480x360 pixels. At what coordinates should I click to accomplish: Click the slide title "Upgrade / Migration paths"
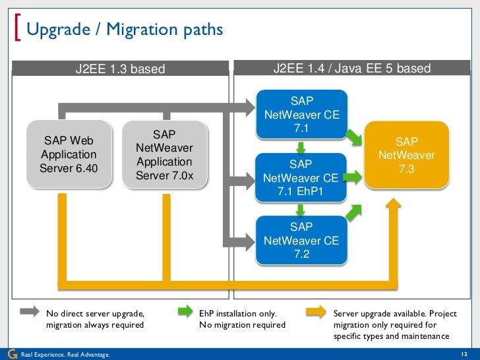point(125,30)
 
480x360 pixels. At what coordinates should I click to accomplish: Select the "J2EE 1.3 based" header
point(120,69)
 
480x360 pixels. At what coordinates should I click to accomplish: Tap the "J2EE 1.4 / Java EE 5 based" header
point(352,69)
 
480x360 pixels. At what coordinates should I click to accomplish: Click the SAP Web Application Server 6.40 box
point(69,154)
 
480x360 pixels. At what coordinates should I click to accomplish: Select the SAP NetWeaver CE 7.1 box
point(301,114)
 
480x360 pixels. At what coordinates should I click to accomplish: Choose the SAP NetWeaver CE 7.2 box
point(301,241)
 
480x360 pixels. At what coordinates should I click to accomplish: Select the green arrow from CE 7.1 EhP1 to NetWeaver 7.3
point(353,176)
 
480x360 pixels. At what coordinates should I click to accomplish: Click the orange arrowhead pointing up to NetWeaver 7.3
point(394,204)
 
